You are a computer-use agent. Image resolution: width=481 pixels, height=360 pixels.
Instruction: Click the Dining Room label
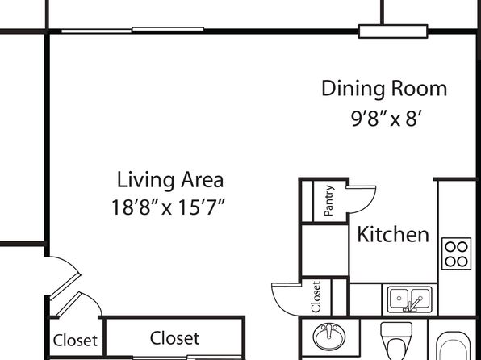coord(384,89)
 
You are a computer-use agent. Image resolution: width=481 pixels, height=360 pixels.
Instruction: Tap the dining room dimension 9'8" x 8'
coord(385,119)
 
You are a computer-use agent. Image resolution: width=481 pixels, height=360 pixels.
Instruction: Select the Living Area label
coord(170,180)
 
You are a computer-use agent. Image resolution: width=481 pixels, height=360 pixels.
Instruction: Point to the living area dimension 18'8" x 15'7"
coord(169,207)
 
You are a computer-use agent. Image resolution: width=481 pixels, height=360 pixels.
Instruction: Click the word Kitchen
coord(393,234)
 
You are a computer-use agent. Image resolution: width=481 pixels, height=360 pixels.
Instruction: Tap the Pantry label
coord(328,200)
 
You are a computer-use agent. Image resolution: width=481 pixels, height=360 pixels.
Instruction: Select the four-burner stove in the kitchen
coord(456,253)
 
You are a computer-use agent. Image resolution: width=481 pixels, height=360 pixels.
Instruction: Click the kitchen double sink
coord(409,299)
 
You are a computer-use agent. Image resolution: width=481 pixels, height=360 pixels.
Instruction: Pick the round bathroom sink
coord(329,337)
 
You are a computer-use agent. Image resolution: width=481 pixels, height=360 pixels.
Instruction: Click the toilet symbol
coord(396,341)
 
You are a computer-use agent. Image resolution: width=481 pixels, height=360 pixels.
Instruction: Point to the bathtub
coord(454,346)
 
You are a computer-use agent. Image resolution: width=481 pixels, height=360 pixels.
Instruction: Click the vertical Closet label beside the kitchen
coord(316,296)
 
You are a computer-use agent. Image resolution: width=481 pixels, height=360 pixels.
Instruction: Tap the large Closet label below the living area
coord(174,338)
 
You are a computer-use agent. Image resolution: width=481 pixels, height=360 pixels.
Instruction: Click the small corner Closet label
coord(75,341)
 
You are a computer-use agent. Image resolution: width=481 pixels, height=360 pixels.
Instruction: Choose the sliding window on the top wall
coord(132,30)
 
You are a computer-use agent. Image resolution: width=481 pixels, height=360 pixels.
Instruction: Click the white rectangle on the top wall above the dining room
coord(393,31)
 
